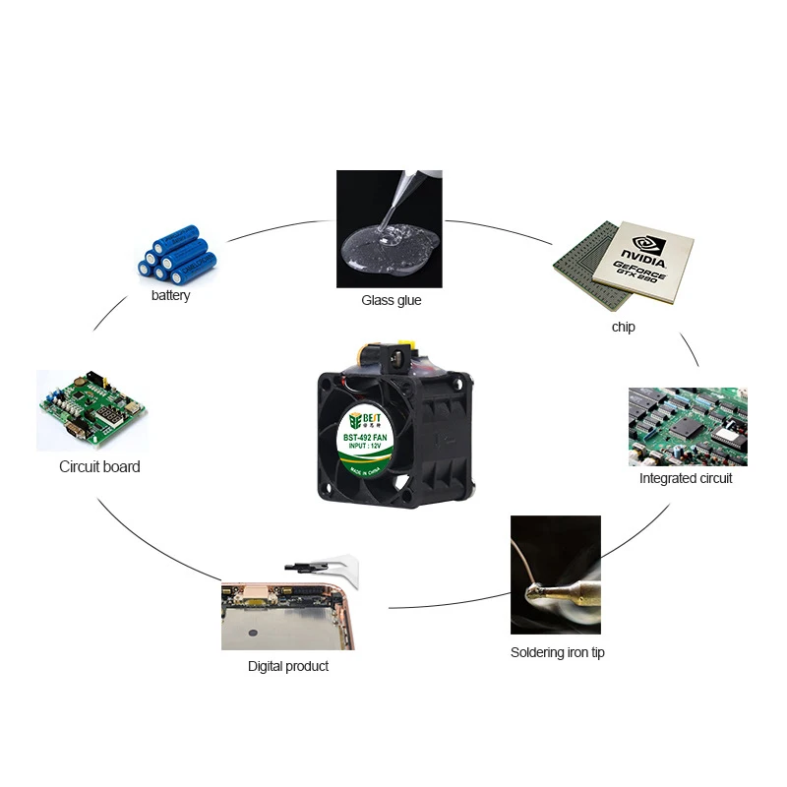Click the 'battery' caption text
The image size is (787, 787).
[x=170, y=295]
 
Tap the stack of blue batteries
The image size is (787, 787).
[x=176, y=254]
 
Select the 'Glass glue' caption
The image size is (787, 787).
[x=391, y=300]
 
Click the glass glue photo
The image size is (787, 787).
[x=389, y=228]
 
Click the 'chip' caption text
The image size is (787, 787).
[x=623, y=327]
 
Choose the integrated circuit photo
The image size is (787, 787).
[x=688, y=426]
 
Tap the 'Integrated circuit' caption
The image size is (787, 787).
[x=686, y=478]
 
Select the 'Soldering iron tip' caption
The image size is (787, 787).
[x=557, y=652]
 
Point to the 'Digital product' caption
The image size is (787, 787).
[x=287, y=666]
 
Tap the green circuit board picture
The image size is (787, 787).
[x=92, y=410]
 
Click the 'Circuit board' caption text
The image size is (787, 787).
[x=99, y=466]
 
